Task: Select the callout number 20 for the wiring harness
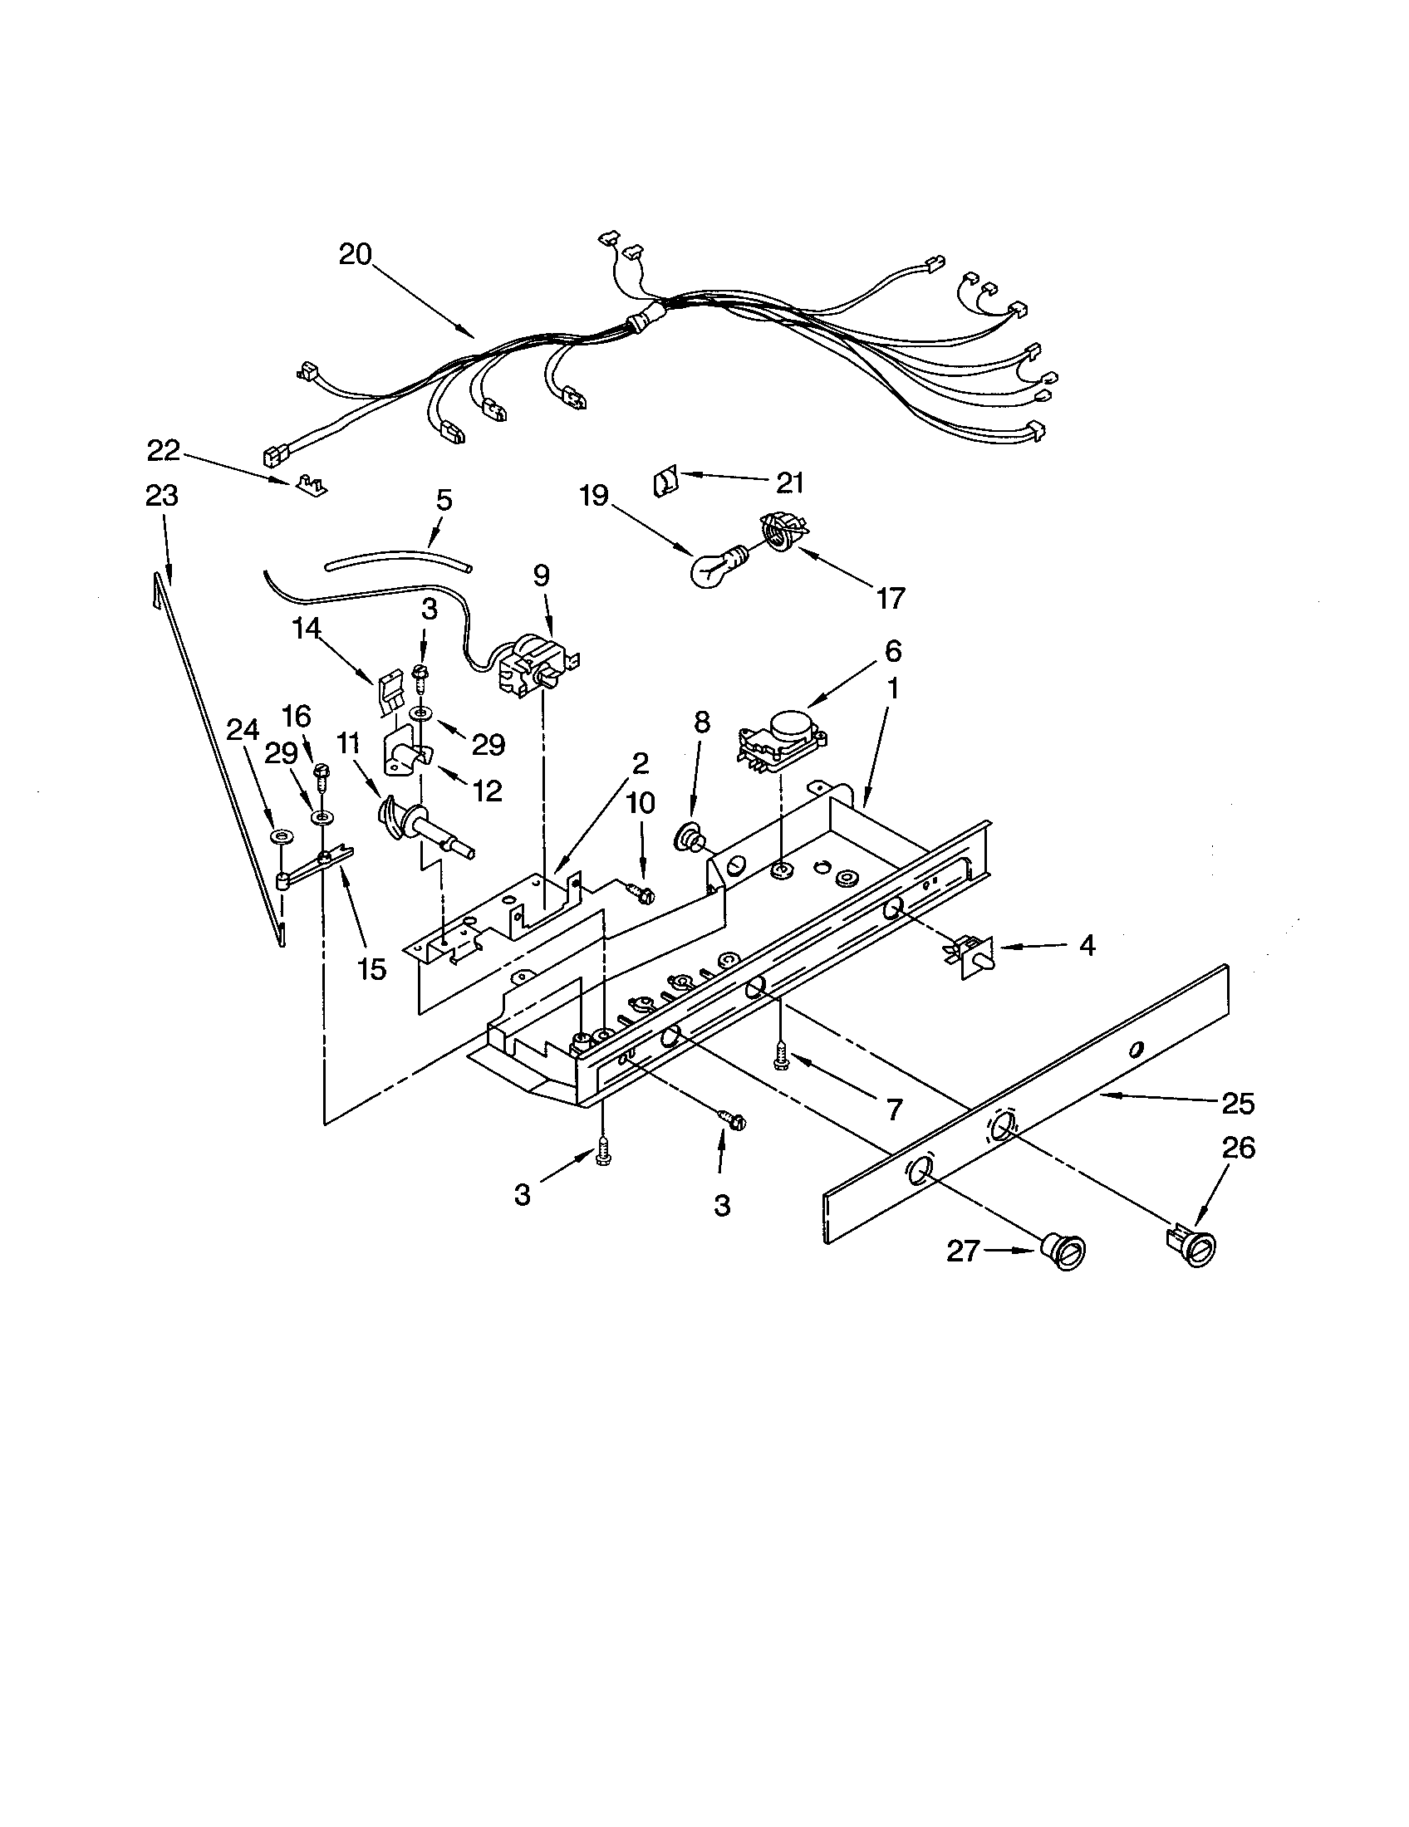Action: point(355,254)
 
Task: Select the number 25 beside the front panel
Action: point(1238,1105)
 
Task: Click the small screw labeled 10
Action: point(642,894)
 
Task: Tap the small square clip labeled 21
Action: point(665,482)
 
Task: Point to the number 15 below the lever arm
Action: point(371,968)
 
